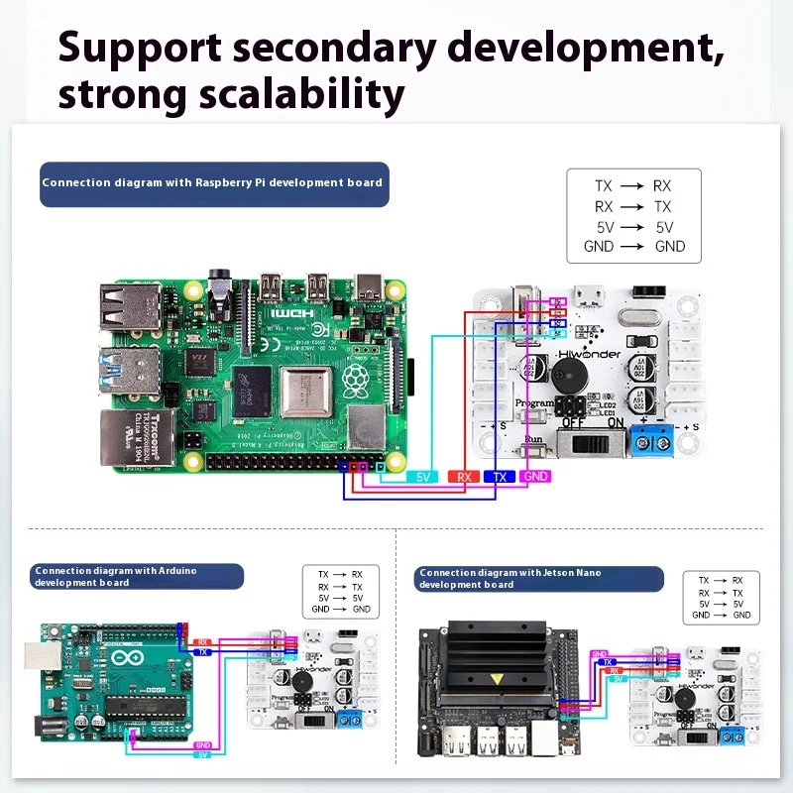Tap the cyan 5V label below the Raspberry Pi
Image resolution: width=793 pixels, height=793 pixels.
[423, 477]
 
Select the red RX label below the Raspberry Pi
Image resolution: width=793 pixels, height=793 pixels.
[464, 477]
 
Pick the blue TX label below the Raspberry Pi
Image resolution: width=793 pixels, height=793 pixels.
[500, 477]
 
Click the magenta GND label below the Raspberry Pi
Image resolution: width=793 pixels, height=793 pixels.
[535, 477]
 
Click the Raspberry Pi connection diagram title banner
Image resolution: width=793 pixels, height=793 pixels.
[212, 183]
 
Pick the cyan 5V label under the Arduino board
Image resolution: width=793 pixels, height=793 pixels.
[201, 755]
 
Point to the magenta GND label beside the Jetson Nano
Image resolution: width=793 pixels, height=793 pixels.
[599, 654]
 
